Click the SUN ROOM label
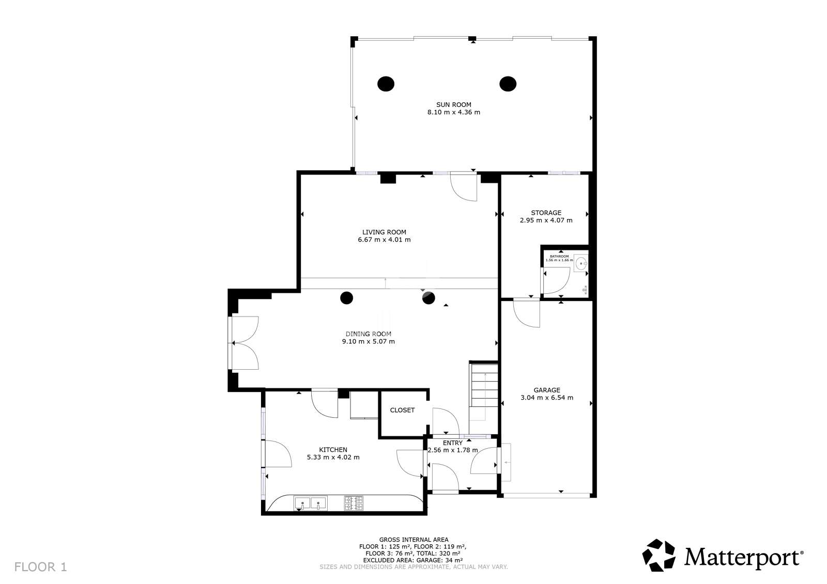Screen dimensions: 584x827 (x=453, y=104)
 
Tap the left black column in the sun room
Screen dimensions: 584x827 (x=386, y=83)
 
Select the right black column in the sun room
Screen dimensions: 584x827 (x=508, y=83)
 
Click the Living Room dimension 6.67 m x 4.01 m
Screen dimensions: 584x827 (x=384, y=240)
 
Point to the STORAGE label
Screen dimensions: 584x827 (x=546, y=213)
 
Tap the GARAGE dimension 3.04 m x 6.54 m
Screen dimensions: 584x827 (x=546, y=398)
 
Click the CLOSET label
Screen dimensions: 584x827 (x=402, y=410)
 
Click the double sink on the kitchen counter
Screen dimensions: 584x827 (x=310, y=502)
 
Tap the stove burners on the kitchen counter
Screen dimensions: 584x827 (x=354, y=503)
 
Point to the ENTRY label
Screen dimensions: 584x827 (x=452, y=443)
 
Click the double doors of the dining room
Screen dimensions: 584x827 (x=244, y=343)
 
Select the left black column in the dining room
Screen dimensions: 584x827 (x=346, y=298)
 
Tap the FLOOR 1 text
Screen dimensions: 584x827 (x=41, y=567)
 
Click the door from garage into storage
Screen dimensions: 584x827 (x=527, y=313)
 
